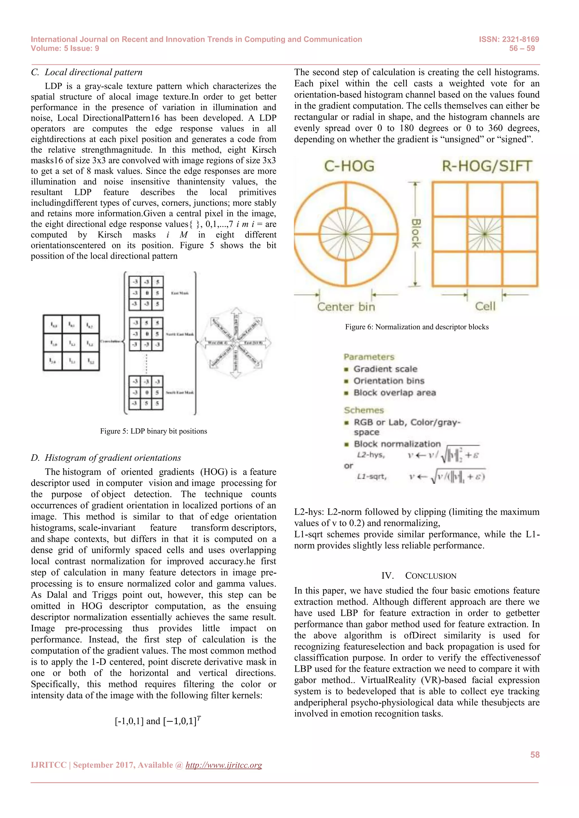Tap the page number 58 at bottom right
point(535,754)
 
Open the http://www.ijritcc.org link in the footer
point(224,765)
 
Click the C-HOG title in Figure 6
point(349,166)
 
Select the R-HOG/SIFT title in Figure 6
point(487,166)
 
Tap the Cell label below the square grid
point(485,306)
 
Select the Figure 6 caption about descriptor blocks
point(416,327)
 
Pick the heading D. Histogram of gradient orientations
point(106,458)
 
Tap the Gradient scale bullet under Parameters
point(385,369)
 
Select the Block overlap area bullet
point(394,393)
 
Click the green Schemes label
point(364,410)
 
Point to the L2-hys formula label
point(371,455)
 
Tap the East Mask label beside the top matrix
point(180,293)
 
